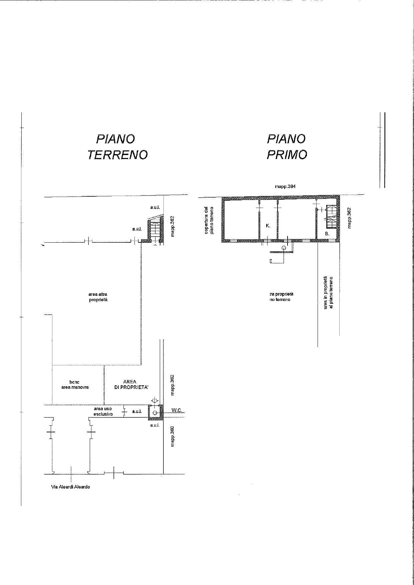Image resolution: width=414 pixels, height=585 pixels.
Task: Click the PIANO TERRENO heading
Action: click(117, 147)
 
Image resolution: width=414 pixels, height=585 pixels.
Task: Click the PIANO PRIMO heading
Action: click(287, 147)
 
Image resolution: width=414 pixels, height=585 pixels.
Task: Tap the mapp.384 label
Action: click(285, 187)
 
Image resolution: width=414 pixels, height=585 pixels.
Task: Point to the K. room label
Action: click(268, 226)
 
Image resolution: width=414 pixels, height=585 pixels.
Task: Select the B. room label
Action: click(327, 234)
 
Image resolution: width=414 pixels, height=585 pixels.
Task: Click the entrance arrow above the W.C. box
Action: click(154, 400)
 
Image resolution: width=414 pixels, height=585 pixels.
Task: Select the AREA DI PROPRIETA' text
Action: click(129, 385)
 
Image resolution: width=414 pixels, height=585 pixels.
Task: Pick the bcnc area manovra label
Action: click(75, 385)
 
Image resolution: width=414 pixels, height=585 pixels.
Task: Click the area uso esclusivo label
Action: click(103, 411)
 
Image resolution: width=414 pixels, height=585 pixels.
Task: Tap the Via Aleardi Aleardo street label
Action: click(70, 487)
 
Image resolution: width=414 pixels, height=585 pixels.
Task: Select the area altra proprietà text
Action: click(98, 297)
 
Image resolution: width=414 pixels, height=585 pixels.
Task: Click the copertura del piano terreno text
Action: click(209, 220)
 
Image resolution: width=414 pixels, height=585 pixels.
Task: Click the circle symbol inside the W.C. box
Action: click(155, 413)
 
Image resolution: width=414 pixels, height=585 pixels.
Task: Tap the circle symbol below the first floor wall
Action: click(284, 248)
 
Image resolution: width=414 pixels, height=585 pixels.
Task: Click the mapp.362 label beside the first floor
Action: click(349, 218)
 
